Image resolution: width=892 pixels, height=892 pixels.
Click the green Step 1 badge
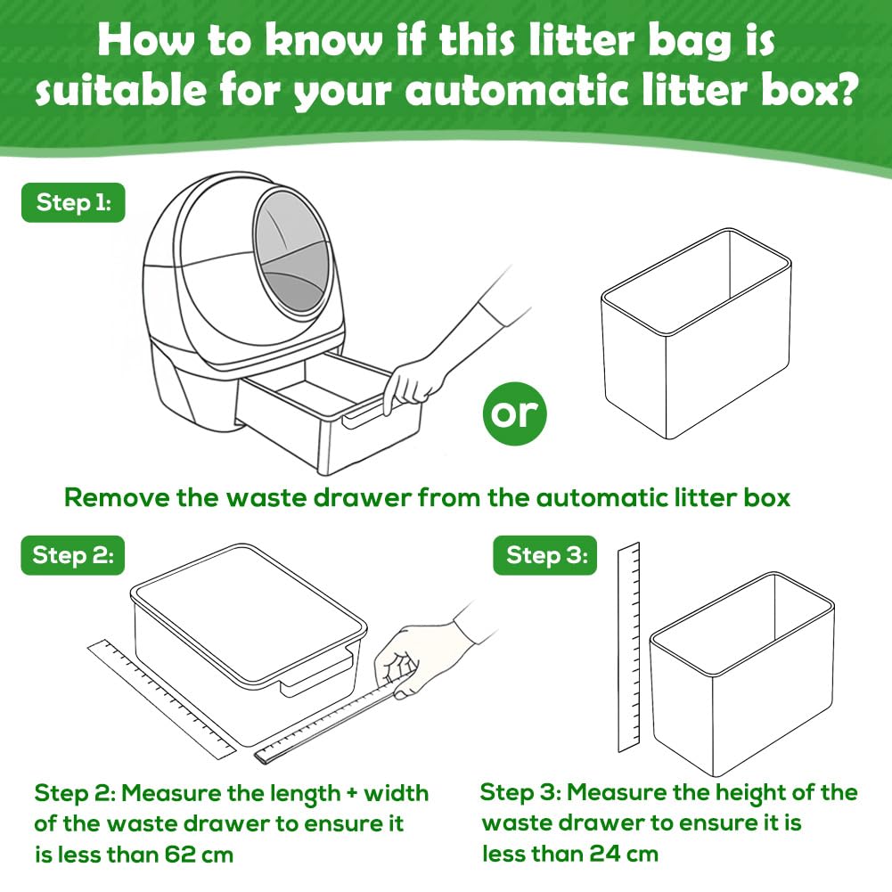(x=73, y=202)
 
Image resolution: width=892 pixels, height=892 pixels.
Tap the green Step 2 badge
(x=73, y=555)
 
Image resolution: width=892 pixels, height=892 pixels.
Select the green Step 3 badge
(x=545, y=555)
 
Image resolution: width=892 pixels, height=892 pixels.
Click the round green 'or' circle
(x=515, y=413)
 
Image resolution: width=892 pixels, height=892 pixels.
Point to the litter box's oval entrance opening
(x=291, y=251)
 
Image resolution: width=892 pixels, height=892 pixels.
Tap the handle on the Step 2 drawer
(x=315, y=674)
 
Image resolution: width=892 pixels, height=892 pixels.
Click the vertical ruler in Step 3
(x=628, y=647)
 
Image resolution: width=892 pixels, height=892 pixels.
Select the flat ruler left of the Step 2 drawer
(x=161, y=700)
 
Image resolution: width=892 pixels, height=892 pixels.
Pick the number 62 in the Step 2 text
(x=179, y=855)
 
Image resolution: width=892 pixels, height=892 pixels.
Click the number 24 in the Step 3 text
(x=604, y=854)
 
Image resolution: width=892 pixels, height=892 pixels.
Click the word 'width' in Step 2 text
(x=396, y=793)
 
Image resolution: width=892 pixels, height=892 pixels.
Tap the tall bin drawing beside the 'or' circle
(x=696, y=333)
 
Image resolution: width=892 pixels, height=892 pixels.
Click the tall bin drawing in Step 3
(x=742, y=674)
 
